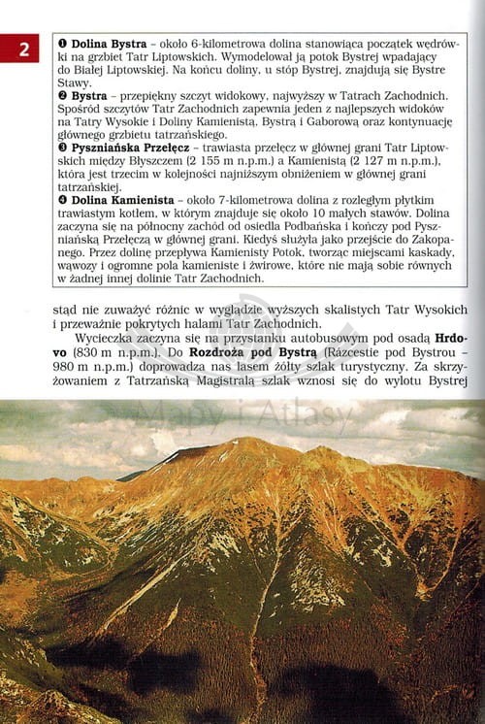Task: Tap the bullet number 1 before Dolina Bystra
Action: (x=63, y=46)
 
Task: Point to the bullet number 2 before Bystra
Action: (x=63, y=96)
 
